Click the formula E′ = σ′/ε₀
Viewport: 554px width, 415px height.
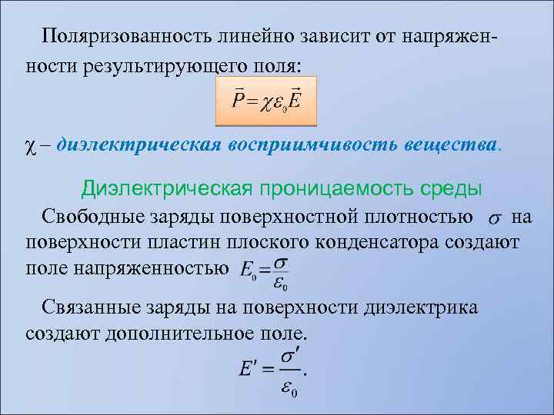coord(273,371)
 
